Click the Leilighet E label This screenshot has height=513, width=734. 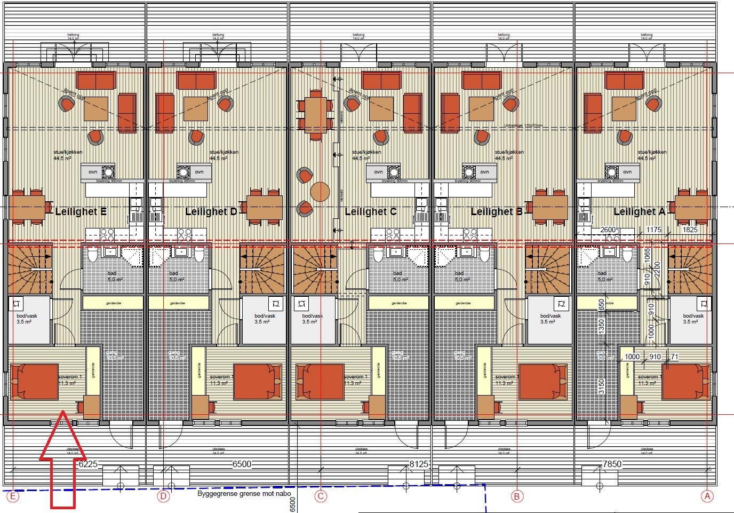[x=81, y=212]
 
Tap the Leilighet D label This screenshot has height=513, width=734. [x=211, y=212]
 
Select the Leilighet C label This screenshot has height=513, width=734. [x=370, y=212]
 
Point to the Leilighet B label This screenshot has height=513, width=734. [x=496, y=212]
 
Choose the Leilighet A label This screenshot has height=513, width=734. [x=639, y=212]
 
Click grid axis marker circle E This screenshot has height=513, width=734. [x=12, y=497]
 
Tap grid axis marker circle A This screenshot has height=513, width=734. [x=707, y=496]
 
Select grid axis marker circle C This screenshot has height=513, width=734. [x=321, y=497]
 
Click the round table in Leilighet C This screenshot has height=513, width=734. [x=320, y=192]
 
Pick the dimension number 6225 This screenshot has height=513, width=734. [x=89, y=464]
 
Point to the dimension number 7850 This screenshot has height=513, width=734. [x=611, y=464]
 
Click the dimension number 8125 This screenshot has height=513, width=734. [x=419, y=464]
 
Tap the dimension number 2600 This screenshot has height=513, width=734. [x=608, y=230]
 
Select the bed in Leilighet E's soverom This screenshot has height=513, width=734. [x=34, y=382]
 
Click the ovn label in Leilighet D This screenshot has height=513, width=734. [x=200, y=172]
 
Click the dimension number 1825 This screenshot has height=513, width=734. [x=690, y=230]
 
